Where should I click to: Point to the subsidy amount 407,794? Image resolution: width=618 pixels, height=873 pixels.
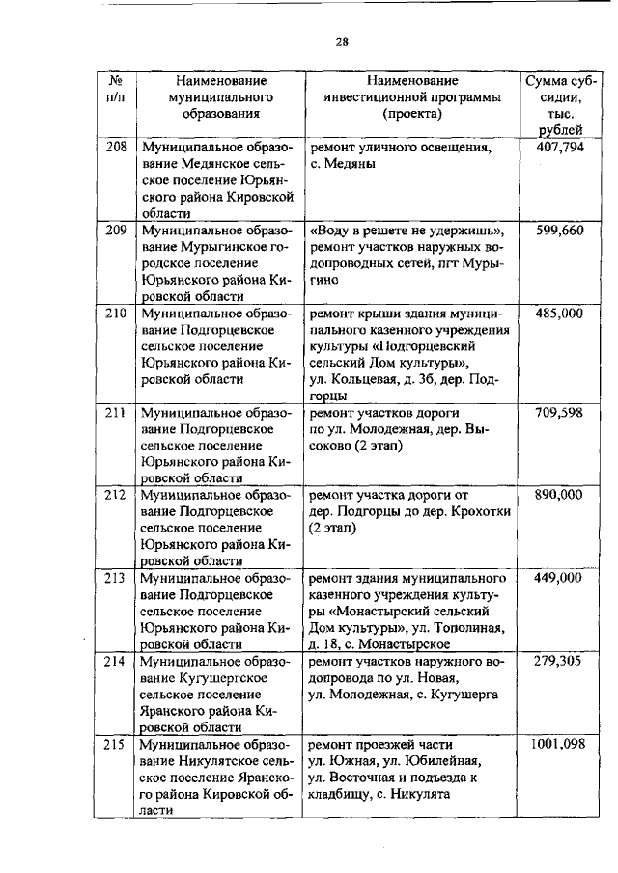pos(560,150)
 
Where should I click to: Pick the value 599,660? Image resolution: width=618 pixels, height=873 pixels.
pos(560,232)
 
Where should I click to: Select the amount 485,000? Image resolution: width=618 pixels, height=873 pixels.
pos(560,314)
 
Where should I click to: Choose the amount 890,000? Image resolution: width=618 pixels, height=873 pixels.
pos(560,495)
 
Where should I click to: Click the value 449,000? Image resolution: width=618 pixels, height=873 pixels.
pos(560,578)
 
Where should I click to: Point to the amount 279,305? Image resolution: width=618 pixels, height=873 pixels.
pos(560,661)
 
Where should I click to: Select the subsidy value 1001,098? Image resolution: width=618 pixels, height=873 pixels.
pos(560,744)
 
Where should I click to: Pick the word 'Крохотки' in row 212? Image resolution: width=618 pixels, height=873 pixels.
pos(482,511)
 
